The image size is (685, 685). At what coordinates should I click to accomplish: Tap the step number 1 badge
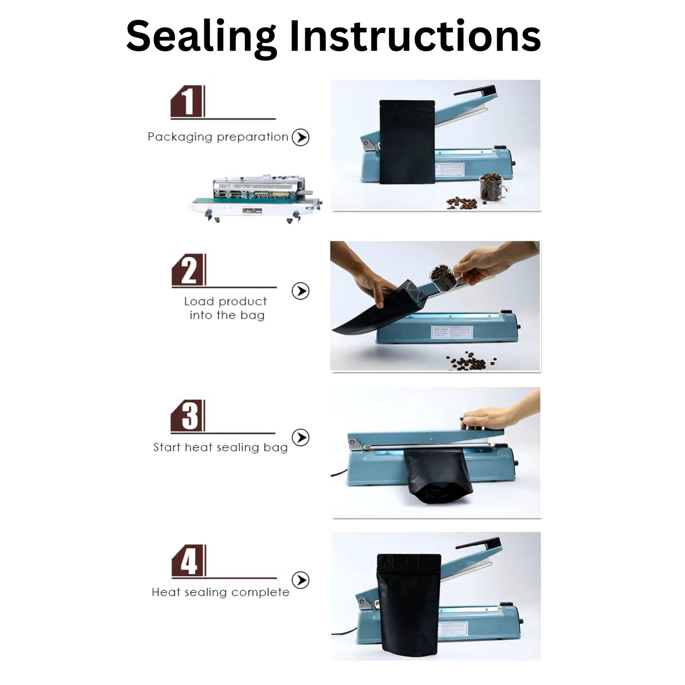pyautogui.click(x=188, y=101)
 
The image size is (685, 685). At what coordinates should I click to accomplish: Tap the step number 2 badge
pyautogui.click(x=189, y=270)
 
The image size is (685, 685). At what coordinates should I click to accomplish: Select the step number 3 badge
pyautogui.click(x=188, y=416)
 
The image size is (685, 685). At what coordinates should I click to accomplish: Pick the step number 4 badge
pyautogui.click(x=189, y=561)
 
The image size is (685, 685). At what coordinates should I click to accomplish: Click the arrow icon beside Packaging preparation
pyautogui.click(x=301, y=137)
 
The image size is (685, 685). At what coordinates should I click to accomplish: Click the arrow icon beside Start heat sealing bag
pyautogui.click(x=301, y=437)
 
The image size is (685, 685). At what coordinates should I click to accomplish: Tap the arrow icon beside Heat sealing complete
pyautogui.click(x=301, y=580)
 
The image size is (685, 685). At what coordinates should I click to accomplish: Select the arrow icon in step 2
pyautogui.click(x=301, y=291)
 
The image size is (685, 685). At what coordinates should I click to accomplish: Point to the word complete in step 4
pyautogui.click(x=260, y=593)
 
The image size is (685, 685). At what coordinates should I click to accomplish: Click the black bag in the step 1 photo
pyautogui.click(x=407, y=142)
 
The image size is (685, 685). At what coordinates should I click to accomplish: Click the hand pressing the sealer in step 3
pyautogui.click(x=501, y=411)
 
